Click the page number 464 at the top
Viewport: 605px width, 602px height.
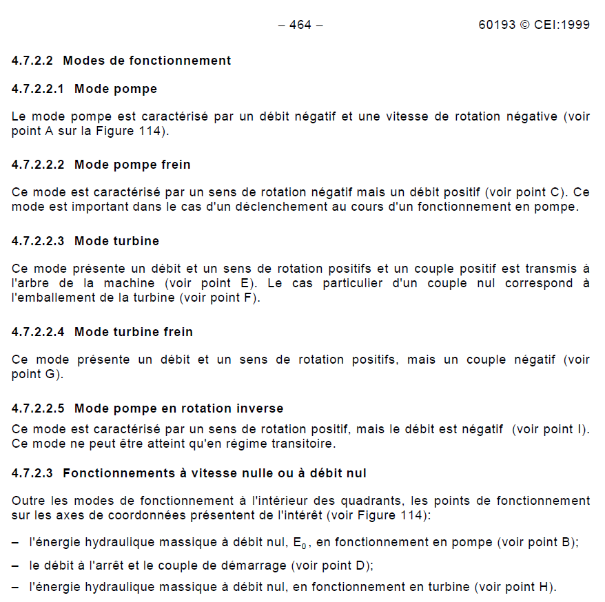point(300,25)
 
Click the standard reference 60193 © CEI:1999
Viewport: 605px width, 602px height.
point(534,25)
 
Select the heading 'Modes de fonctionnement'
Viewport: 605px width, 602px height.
point(147,61)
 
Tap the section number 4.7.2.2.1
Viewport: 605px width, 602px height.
point(38,89)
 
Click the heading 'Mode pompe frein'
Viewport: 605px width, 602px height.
point(132,165)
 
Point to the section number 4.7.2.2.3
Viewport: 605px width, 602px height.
point(38,241)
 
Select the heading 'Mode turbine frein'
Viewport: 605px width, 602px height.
point(134,332)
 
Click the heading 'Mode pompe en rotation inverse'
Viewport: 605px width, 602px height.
point(178,408)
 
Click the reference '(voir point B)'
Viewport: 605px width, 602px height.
point(537,543)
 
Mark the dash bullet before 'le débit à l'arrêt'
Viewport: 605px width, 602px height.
point(15,565)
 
